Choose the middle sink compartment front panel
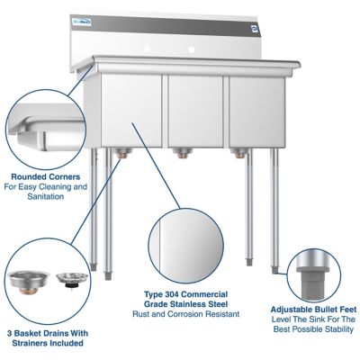(193, 111)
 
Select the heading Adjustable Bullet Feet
(312, 308)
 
